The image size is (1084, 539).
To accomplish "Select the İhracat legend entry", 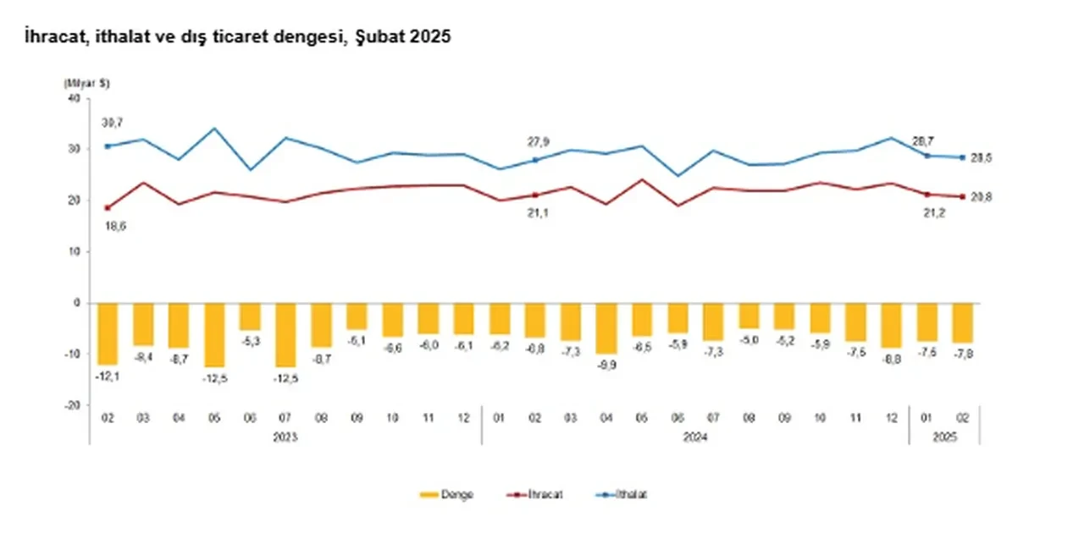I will click(x=534, y=494).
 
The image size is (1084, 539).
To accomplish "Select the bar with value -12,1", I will click(x=108, y=333).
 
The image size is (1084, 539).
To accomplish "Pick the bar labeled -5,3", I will click(x=250, y=316).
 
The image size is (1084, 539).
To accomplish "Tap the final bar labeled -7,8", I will click(x=962, y=322).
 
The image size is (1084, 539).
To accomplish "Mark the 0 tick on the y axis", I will click(x=75, y=303).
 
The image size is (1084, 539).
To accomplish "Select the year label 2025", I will click(x=944, y=437).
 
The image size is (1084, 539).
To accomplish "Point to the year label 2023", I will click(x=285, y=437).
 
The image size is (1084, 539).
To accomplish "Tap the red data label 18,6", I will click(x=111, y=227).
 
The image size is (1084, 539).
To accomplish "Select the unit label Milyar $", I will click(x=86, y=84).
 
